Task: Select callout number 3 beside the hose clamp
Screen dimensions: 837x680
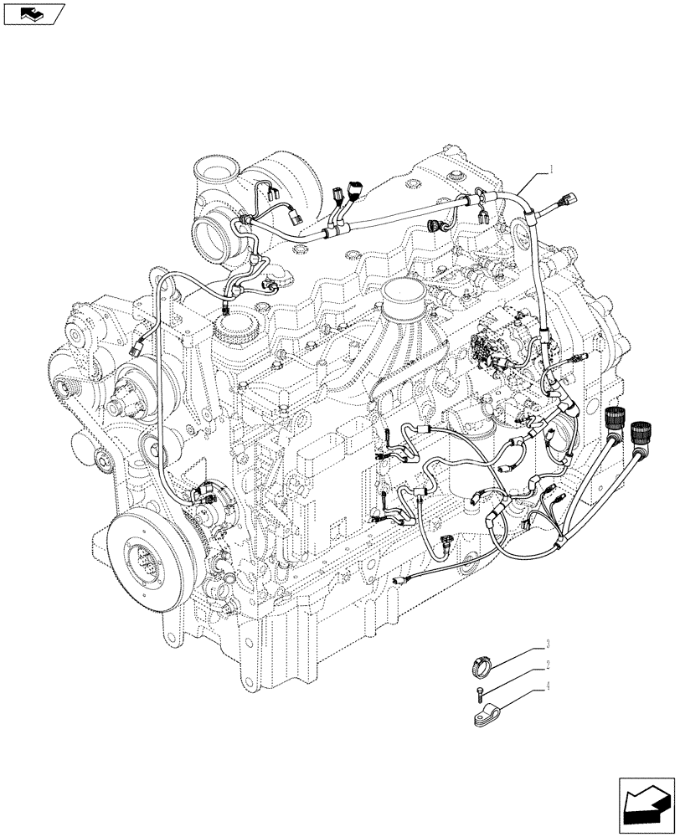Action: pos(547,644)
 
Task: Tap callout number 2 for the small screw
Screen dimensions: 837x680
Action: pos(547,665)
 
